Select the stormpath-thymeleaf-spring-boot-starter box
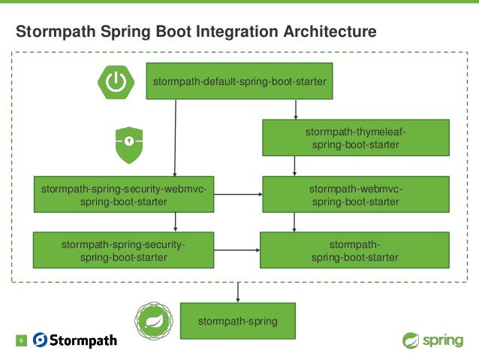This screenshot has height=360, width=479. (x=355, y=138)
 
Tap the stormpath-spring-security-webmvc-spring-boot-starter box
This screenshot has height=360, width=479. (x=124, y=194)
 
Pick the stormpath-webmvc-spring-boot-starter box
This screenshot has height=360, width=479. (x=355, y=194)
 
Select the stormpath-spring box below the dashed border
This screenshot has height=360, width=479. (x=238, y=321)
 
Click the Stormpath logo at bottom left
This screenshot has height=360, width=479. (x=75, y=340)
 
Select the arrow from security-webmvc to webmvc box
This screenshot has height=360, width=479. (x=237, y=194)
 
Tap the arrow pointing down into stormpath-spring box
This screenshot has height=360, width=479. (x=238, y=292)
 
